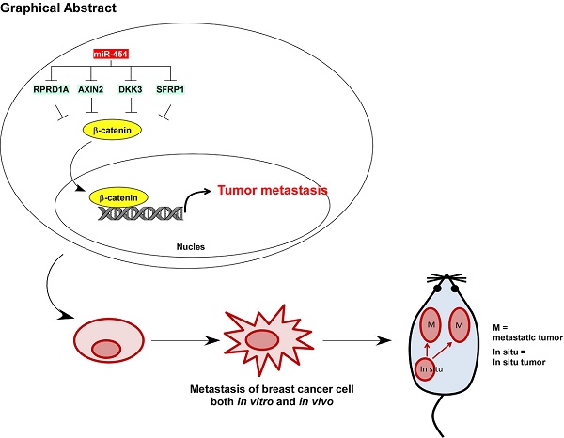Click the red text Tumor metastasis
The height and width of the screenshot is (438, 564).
(x=272, y=189)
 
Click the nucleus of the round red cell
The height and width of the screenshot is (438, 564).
(x=105, y=349)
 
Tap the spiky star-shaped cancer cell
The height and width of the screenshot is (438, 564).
(x=260, y=338)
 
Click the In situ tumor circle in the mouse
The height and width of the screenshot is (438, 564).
(x=431, y=370)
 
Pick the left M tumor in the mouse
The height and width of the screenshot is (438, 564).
(x=430, y=324)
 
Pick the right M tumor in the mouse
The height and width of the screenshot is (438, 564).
(x=460, y=324)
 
